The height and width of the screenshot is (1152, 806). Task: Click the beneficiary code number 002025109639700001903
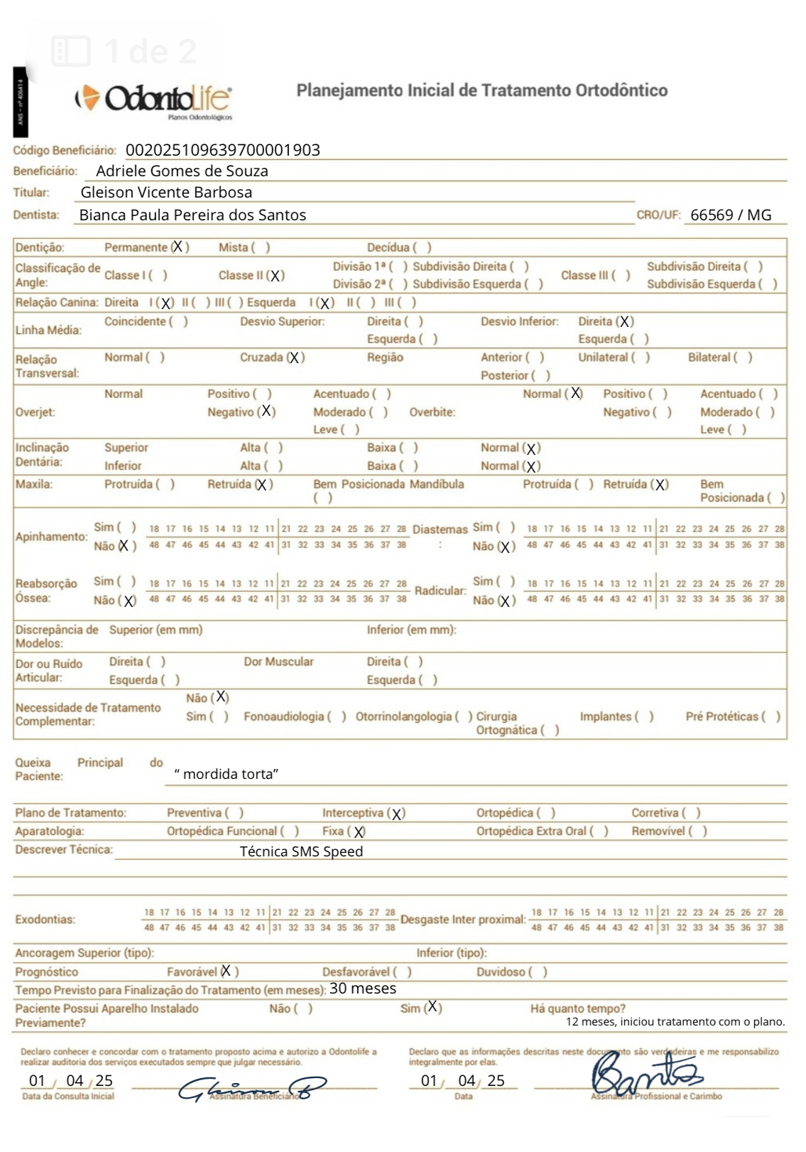click(x=222, y=150)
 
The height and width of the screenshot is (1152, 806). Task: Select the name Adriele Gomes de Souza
click(x=182, y=171)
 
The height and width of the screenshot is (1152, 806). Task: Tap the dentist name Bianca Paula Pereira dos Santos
click(x=192, y=215)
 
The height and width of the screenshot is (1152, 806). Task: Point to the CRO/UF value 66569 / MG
click(x=730, y=215)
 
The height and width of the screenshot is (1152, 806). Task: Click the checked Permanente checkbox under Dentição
click(x=178, y=247)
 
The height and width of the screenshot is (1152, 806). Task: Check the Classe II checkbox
click(x=276, y=276)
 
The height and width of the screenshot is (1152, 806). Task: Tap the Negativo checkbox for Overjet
click(x=266, y=411)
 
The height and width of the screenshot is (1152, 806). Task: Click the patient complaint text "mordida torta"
click(x=226, y=774)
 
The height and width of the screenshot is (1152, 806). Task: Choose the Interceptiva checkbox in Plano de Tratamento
click(x=397, y=814)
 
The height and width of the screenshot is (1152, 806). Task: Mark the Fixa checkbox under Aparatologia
click(x=359, y=831)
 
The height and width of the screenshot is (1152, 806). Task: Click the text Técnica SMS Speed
click(x=301, y=851)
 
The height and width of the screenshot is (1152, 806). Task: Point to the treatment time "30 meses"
click(x=363, y=989)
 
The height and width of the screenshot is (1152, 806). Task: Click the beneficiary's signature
click(x=252, y=1088)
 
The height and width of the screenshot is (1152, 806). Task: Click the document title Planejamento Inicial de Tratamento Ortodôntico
click(x=481, y=91)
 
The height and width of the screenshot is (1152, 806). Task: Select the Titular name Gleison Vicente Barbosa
click(x=166, y=193)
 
